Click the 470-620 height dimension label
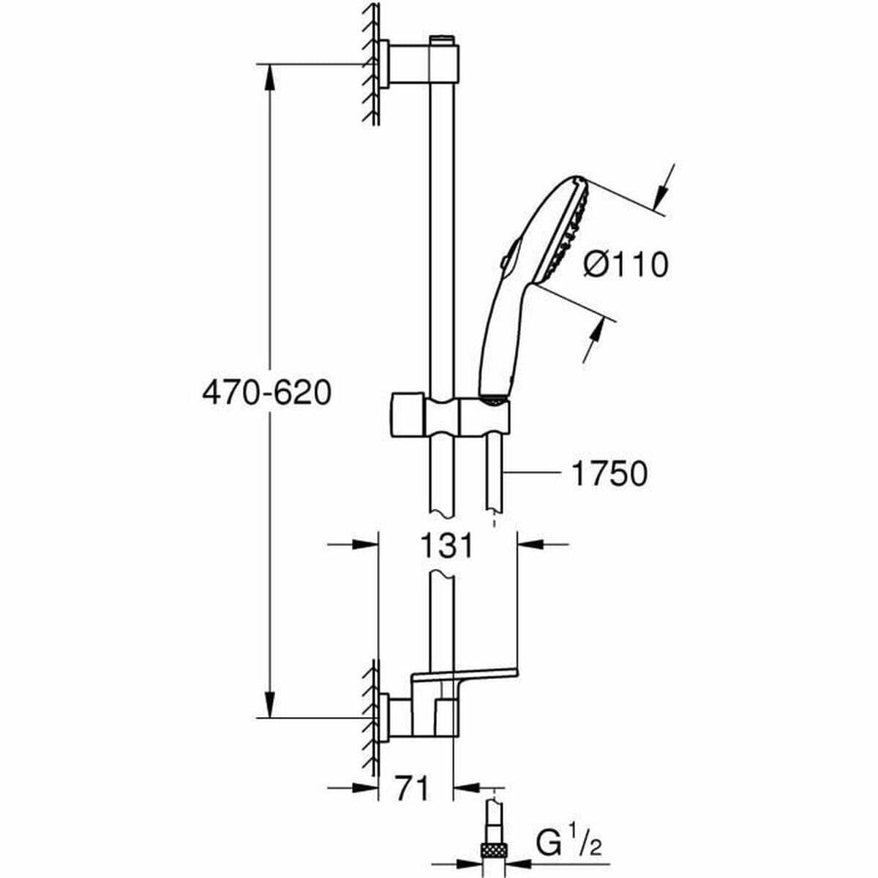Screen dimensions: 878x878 (x=266, y=394)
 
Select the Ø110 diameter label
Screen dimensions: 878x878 (x=626, y=264)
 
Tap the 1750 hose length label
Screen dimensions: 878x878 (x=609, y=474)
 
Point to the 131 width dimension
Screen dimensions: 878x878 (x=447, y=545)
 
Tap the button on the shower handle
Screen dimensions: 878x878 (x=506, y=261)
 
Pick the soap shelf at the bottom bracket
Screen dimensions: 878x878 (x=468, y=676)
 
